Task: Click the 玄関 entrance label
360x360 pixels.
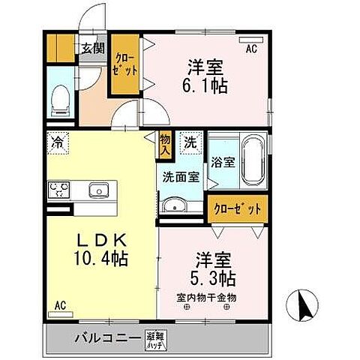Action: [x=94, y=49]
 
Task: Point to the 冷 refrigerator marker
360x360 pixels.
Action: [x=58, y=141]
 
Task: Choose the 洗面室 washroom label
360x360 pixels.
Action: [x=180, y=177]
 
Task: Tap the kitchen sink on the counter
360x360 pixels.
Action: [x=98, y=190]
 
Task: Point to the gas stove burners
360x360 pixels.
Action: [x=58, y=190]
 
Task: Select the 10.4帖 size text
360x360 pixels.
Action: [x=100, y=259]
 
